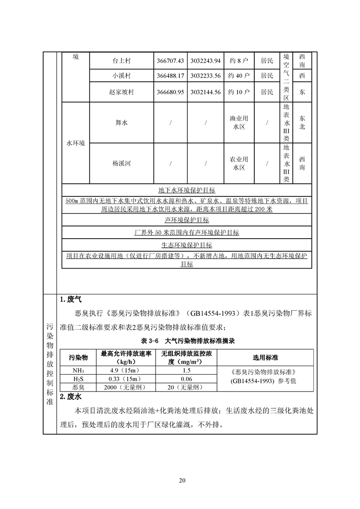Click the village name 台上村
pos(121,61)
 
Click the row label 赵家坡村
pos(121,92)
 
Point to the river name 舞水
pos(121,122)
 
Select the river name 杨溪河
pos(121,163)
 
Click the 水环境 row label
pos(76,143)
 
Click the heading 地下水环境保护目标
pos(187,190)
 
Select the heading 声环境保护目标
pos(187,220)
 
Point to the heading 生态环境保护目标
pos(187,245)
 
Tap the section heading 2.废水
pos(71,397)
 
